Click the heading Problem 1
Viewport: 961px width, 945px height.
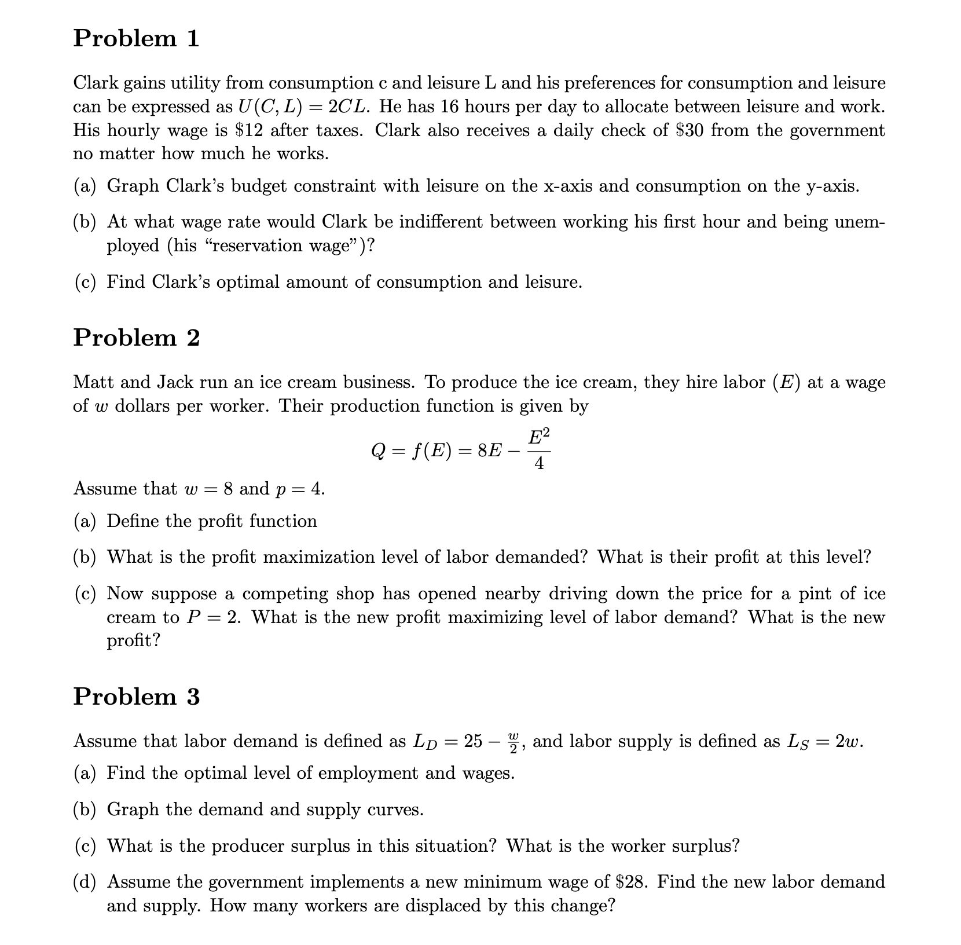pos(136,39)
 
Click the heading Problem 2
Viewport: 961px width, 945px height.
pos(136,338)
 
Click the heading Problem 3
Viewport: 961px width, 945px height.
pos(136,697)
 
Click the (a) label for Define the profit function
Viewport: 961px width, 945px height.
pos(85,522)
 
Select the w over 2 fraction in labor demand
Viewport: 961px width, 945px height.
pos(513,742)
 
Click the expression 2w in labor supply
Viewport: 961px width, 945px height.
pos(849,742)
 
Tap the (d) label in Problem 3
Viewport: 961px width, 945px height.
pos(85,882)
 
